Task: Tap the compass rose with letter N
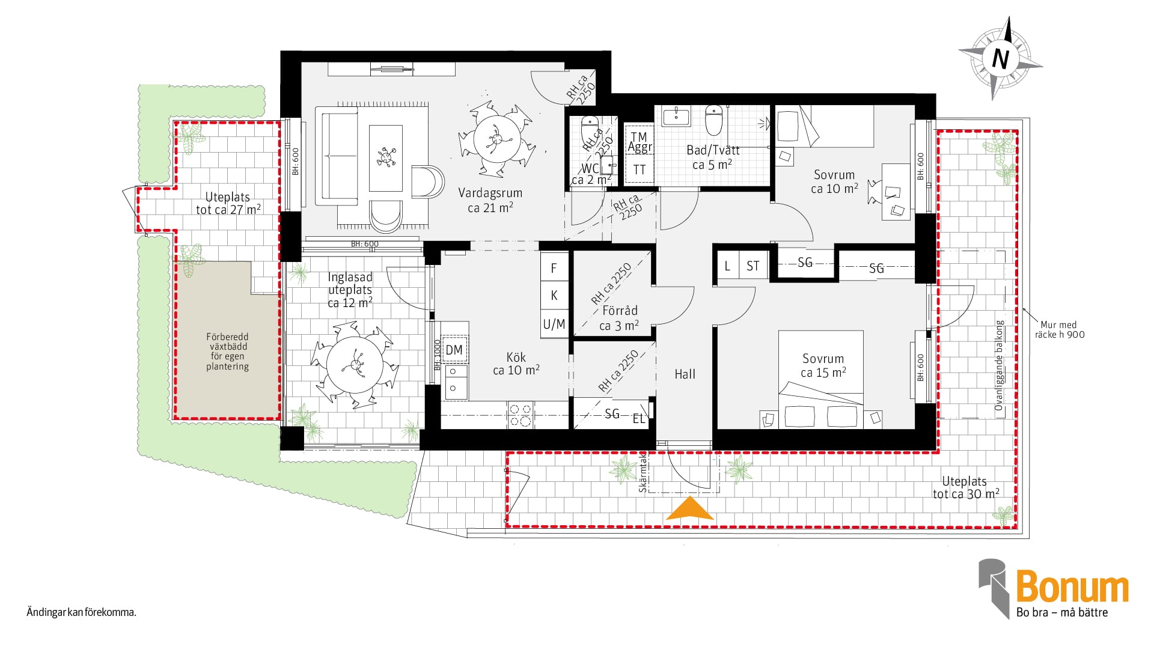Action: (1000, 58)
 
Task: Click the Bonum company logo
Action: (1054, 588)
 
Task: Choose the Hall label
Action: (685, 374)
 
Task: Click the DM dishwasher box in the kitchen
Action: (454, 350)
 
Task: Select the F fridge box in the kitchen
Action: (554, 267)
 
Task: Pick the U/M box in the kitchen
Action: (554, 324)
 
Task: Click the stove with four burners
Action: (521, 415)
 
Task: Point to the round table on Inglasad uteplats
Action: (355, 364)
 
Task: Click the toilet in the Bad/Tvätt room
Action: (713, 120)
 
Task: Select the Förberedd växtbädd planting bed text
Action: (227, 352)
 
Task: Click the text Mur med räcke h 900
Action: (1060, 329)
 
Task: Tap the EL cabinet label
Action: (638, 418)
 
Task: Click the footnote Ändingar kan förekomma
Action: (82, 612)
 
